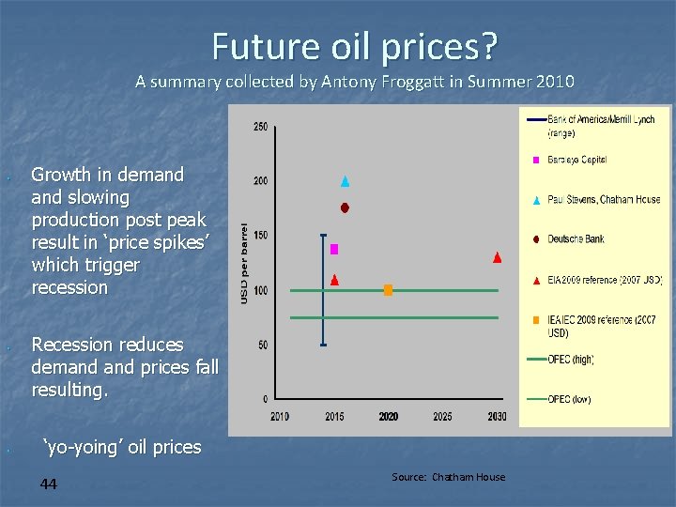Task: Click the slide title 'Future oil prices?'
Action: pos(354,44)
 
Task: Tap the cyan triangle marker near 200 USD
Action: pos(345,181)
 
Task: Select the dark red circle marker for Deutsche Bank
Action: pos(345,207)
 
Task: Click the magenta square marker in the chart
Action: pos(334,249)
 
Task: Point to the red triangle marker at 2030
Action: pos(497,257)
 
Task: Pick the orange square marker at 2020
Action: pos(388,290)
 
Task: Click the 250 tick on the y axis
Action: pos(260,127)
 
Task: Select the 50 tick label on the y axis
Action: pos(262,346)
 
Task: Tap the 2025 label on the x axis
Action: pos(442,416)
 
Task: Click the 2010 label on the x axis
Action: pos(280,416)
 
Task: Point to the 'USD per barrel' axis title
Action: pos(244,263)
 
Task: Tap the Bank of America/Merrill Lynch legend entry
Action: pos(601,126)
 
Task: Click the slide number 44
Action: pos(49,484)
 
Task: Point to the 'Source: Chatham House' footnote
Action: pos(448,477)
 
